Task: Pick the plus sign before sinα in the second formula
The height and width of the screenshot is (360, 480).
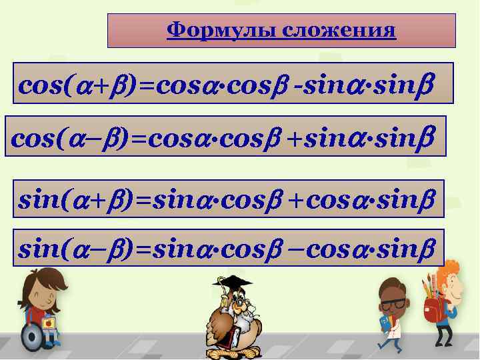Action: click(298, 138)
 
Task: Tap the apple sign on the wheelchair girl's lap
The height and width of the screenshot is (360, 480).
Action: click(48, 323)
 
